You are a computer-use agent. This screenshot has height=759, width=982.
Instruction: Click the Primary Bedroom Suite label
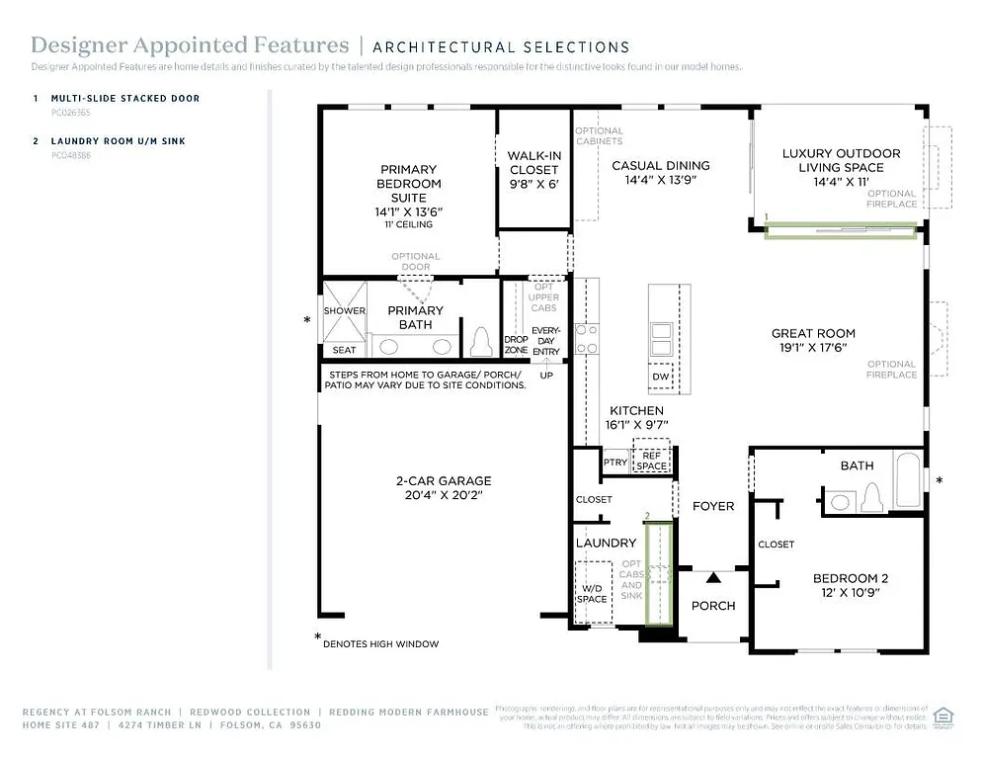pos(408,184)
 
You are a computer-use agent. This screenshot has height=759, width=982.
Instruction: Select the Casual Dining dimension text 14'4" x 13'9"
pos(660,180)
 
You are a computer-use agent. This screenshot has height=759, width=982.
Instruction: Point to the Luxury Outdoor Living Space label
pos(841,160)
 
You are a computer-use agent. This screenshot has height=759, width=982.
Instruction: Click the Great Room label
pos(813,333)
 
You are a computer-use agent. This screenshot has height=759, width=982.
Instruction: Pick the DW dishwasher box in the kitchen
pos(661,377)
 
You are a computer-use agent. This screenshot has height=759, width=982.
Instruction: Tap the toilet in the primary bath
pos(481,342)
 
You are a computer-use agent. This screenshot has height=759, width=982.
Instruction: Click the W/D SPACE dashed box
pos(592,593)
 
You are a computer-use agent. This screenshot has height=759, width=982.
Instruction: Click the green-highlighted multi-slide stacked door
pos(840,230)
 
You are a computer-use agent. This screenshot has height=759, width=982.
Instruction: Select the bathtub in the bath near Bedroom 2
pos(908,480)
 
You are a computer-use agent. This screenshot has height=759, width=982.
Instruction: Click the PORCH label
pos(712,606)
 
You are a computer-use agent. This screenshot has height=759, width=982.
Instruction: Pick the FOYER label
pos(712,506)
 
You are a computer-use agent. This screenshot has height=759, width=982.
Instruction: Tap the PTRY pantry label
pos(614,463)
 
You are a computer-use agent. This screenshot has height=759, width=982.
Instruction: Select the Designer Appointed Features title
pos(190,45)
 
